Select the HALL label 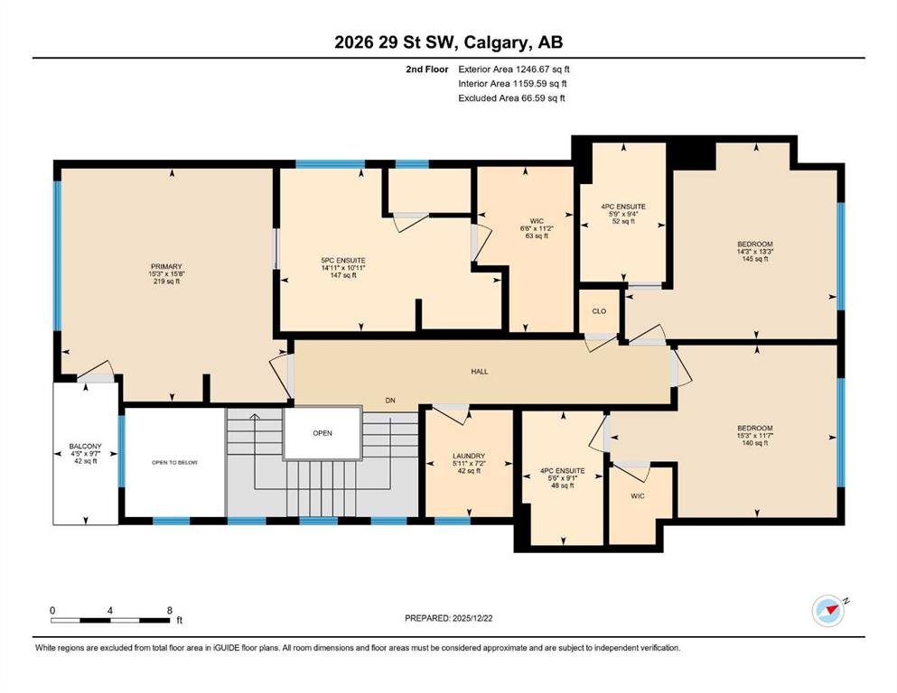pyautogui.click(x=480, y=372)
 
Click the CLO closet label pyautogui.click(x=599, y=311)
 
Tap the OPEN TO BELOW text pyautogui.click(x=174, y=462)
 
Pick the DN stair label pyautogui.click(x=390, y=401)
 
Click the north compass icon pyautogui.click(x=829, y=611)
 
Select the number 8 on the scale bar pyautogui.click(x=169, y=610)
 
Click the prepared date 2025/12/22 pyautogui.click(x=472, y=618)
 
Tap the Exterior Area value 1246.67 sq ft pyautogui.click(x=542, y=69)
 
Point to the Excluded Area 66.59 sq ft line pyautogui.click(x=511, y=97)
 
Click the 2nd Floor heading pyautogui.click(x=426, y=69)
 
